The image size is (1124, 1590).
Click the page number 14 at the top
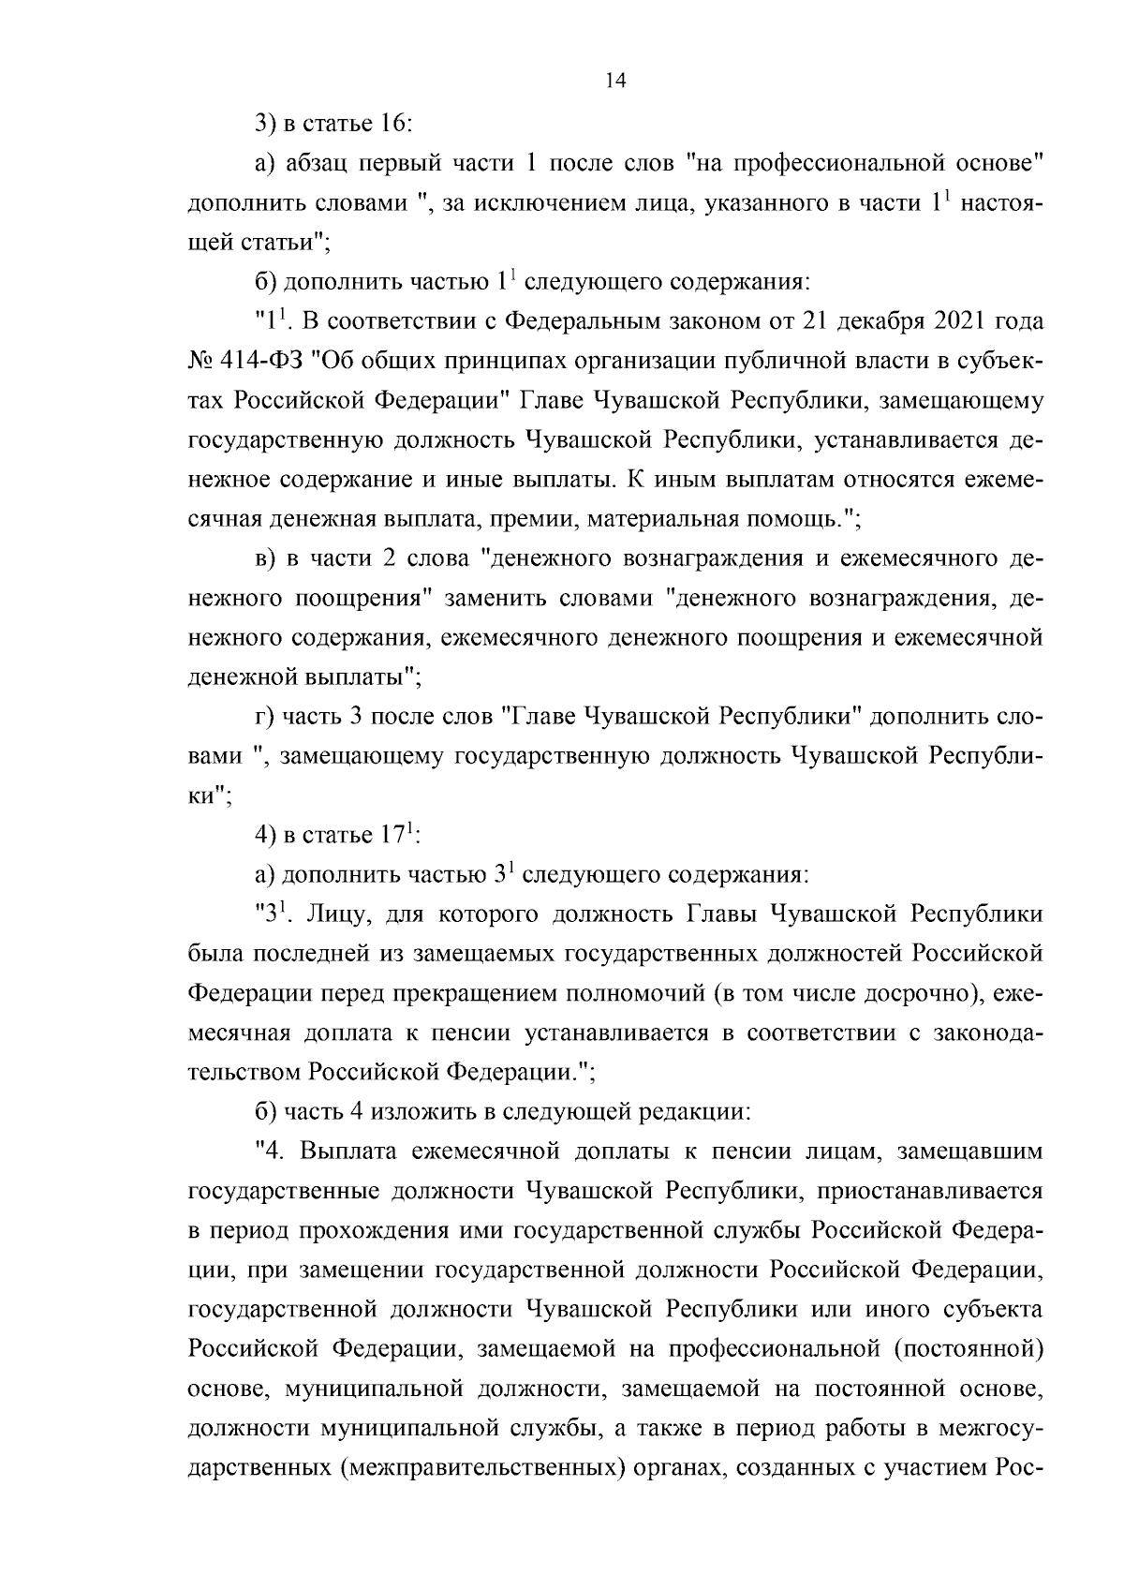click(x=615, y=82)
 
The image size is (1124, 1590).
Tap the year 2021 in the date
click(x=965, y=321)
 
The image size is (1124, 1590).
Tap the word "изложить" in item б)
click(x=411, y=1112)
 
